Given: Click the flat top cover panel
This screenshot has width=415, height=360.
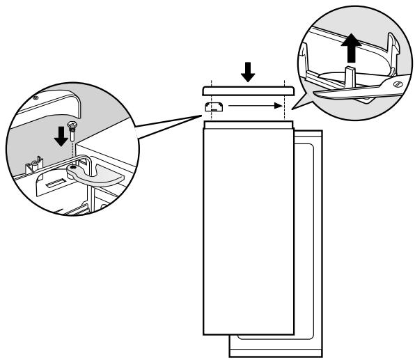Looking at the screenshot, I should (246, 91).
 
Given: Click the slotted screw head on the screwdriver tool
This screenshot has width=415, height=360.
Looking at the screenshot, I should (396, 84).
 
